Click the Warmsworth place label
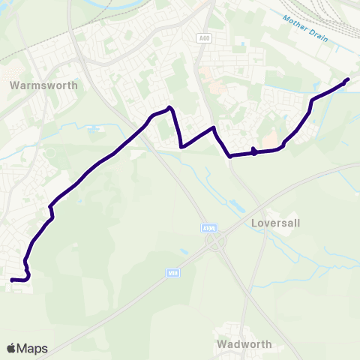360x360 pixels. (44, 85)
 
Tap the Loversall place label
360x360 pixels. (274, 223)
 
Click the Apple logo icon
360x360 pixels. (11, 348)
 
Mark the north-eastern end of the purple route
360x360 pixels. (347, 79)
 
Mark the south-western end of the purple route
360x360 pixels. (11, 280)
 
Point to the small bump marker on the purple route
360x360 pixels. (254, 152)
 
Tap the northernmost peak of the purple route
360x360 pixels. (171, 107)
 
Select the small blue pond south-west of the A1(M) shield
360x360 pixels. (182, 250)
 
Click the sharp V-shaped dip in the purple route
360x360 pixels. (181, 146)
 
